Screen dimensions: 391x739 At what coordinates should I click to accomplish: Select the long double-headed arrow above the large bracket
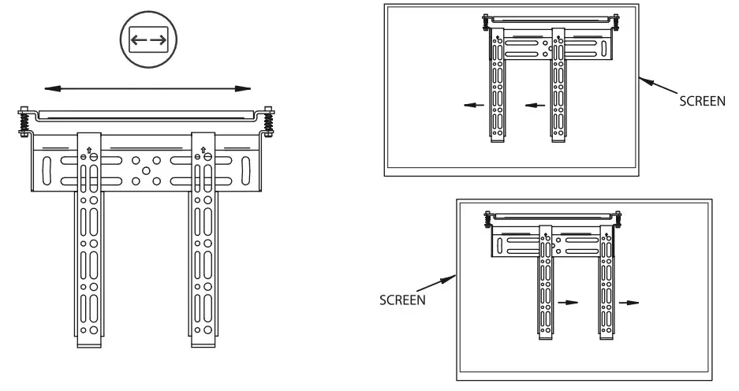(147, 88)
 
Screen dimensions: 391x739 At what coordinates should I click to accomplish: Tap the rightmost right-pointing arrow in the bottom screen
(629, 301)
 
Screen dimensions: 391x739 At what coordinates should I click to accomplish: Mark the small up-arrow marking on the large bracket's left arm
(89, 149)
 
